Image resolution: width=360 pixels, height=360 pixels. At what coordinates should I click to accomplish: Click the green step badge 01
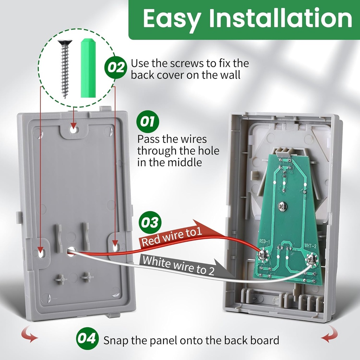(148, 122)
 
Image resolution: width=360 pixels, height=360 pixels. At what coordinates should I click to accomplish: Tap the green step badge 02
(116, 67)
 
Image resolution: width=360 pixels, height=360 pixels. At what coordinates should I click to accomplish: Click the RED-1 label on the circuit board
(264, 241)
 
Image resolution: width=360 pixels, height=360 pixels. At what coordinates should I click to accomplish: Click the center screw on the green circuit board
(282, 206)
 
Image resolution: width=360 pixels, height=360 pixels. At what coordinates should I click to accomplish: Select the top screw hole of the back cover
(73, 129)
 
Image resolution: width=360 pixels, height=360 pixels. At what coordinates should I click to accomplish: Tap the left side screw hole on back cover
(41, 252)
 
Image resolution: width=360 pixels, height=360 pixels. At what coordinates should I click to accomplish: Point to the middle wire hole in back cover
(71, 251)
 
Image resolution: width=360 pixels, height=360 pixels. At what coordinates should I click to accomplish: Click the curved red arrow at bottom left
(30, 334)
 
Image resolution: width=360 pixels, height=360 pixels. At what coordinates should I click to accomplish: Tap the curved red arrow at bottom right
(329, 334)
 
